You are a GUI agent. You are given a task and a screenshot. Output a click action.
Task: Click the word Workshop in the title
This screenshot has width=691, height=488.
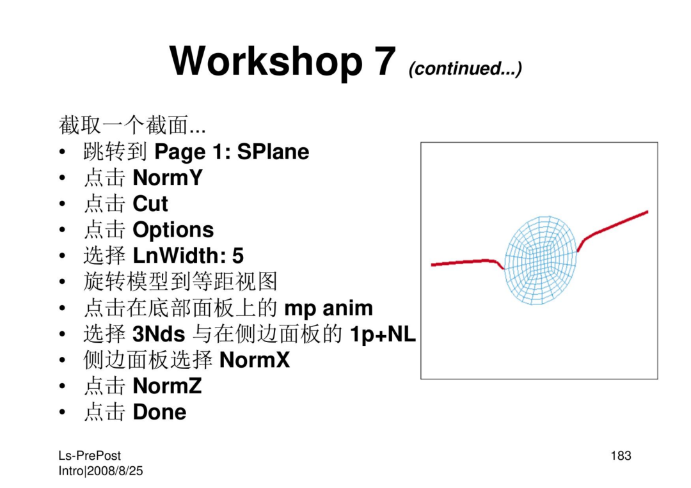(266, 61)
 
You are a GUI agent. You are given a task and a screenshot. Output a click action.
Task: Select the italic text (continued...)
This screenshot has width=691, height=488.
(465, 68)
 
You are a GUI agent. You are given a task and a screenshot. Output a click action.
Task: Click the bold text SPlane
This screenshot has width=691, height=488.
(273, 152)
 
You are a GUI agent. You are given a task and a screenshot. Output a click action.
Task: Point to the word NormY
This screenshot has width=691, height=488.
(168, 178)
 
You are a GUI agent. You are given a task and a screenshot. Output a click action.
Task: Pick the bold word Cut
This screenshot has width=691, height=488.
(150, 204)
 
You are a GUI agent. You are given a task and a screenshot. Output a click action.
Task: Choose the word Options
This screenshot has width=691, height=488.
(173, 230)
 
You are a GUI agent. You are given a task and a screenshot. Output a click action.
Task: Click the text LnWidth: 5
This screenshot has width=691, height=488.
(188, 255)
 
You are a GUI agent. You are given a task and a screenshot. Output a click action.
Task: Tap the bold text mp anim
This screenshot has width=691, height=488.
(329, 308)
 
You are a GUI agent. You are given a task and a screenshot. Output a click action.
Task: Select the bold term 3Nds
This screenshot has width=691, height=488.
(159, 335)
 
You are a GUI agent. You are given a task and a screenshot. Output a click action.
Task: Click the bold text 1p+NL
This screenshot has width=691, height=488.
(383, 335)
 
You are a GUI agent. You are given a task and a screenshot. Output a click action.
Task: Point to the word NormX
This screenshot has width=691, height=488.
(255, 360)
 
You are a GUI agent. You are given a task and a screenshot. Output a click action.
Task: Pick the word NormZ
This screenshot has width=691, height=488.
(167, 386)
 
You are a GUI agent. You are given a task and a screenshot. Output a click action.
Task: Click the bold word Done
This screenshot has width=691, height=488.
(159, 413)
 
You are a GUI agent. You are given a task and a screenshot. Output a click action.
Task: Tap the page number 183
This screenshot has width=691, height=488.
(621, 456)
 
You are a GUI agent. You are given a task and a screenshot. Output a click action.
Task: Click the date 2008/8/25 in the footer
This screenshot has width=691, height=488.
(115, 471)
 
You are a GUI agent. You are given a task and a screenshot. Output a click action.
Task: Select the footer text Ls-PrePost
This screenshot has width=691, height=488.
(90, 456)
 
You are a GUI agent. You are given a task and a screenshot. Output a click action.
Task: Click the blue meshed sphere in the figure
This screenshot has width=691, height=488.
(540, 260)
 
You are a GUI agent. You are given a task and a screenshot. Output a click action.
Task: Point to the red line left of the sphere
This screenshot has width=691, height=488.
(467, 262)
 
